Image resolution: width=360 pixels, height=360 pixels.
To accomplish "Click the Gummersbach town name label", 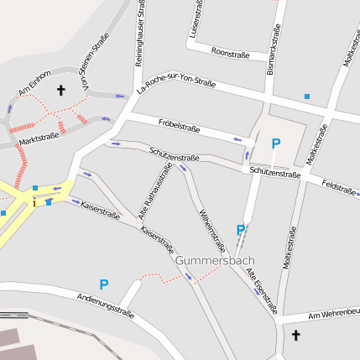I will (x=215, y=261).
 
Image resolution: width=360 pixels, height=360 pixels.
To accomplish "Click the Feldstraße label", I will (x=340, y=187).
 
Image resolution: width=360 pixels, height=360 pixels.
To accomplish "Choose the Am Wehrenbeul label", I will (x=334, y=315).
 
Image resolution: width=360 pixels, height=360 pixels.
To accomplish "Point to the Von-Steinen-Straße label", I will (x=94, y=63).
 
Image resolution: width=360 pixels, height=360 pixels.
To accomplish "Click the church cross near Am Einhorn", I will (x=60, y=89).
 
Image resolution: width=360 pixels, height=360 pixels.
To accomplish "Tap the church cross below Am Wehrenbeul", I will (x=295, y=336).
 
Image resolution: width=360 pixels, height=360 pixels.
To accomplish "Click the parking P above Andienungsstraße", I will (x=104, y=284).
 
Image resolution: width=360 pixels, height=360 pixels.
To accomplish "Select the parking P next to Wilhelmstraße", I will (x=241, y=230).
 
